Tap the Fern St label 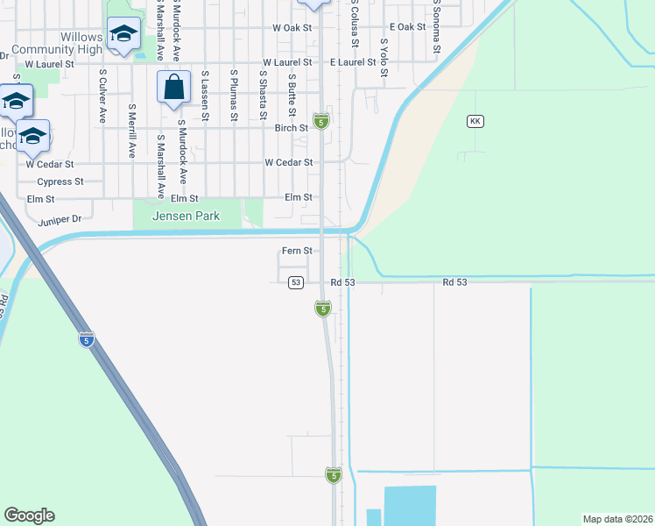pyautogui.click(x=297, y=251)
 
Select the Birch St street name pyautogui.click(x=291, y=127)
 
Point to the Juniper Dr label pyautogui.click(x=60, y=220)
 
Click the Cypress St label pyautogui.click(x=60, y=182)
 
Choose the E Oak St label pyautogui.click(x=407, y=28)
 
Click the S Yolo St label pyautogui.click(x=384, y=58)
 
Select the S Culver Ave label pyautogui.click(x=103, y=96)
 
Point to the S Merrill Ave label pyautogui.click(x=131, y=131)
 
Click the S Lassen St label pyautogui.click(x=204, y=96)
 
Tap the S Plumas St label pyautogui.click(x=234, y=96)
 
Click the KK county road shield pyautogui.click(x=475, y=121)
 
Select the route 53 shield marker pyautogui.click(x=296, y=282)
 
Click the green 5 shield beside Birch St pyautogui.click(x=321, y=120)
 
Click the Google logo pyautogui.click(x=29, y=515)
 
